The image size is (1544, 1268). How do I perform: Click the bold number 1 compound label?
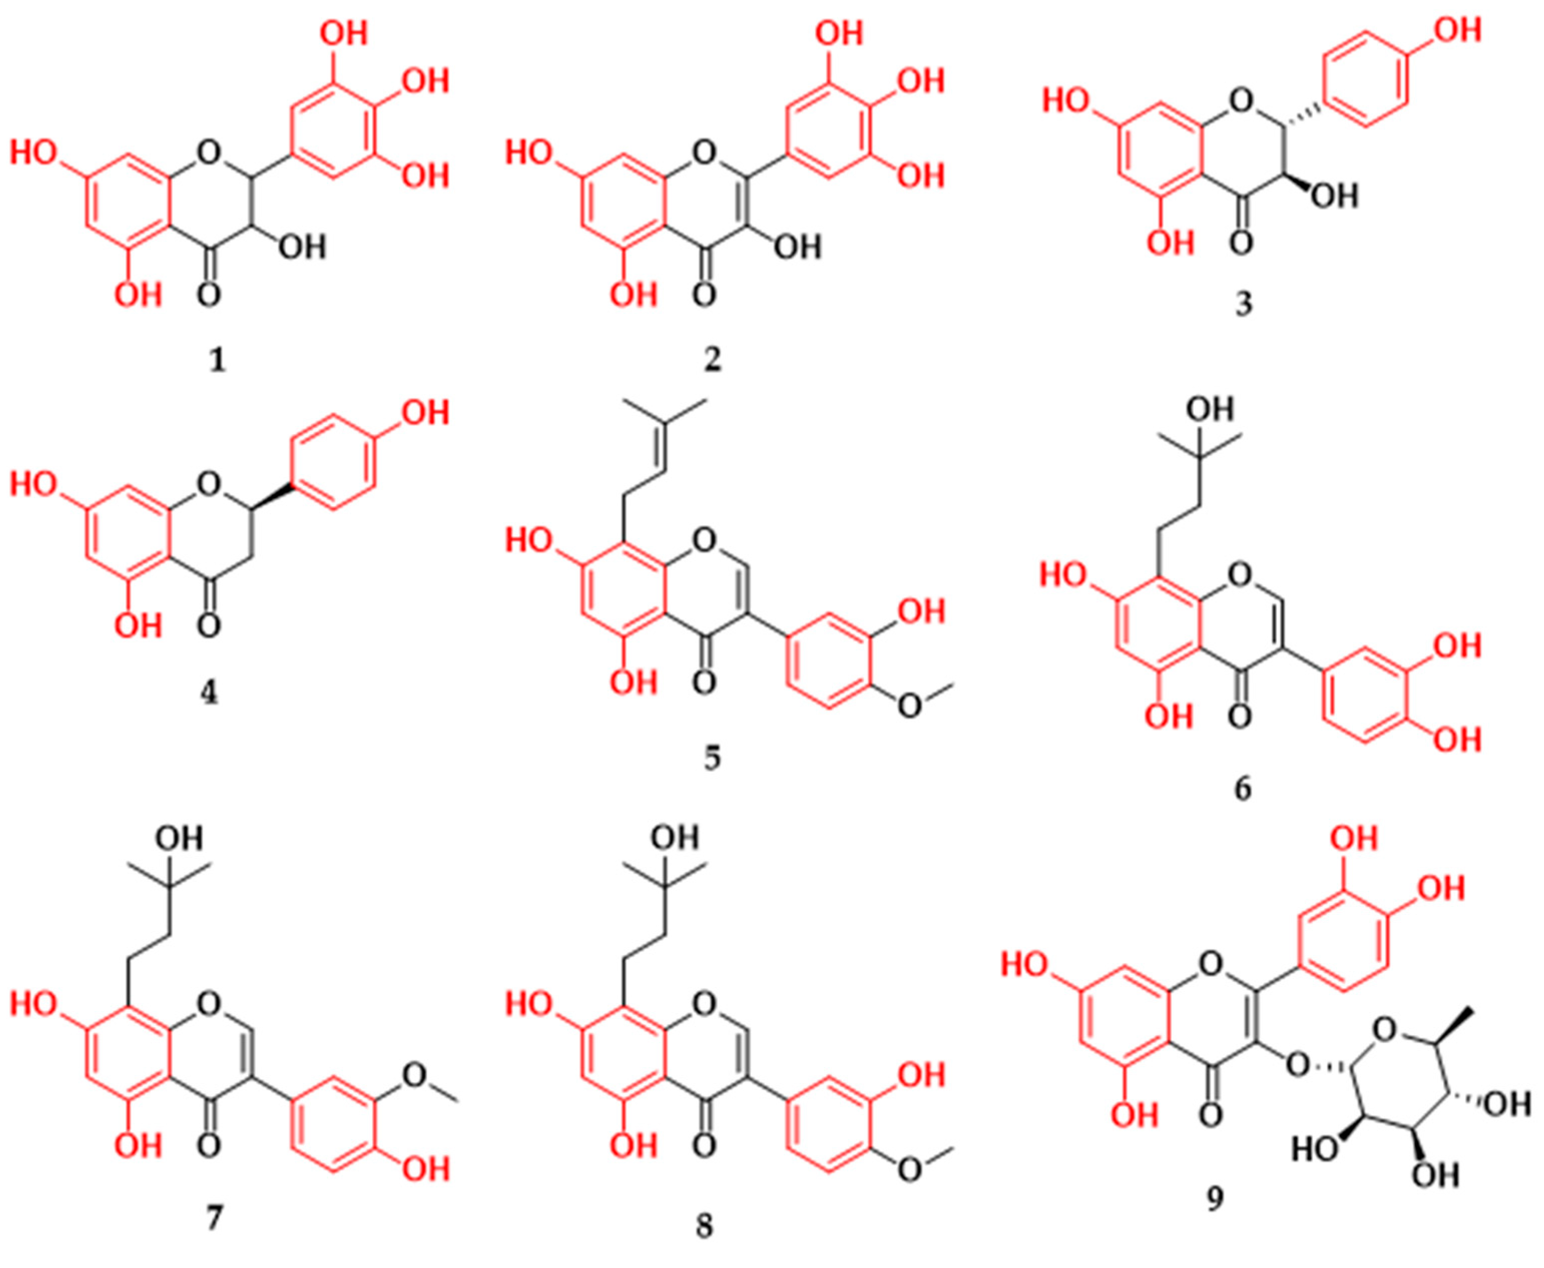coord(217,360)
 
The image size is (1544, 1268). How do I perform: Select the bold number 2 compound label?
coord(712,360)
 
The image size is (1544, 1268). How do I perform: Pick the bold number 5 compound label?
coord(712,757)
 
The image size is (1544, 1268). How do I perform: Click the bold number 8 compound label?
coord(704,1226)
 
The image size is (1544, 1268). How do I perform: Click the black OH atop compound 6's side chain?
coord(1209,409)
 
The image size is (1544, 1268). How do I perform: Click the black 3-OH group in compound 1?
coord(302,247)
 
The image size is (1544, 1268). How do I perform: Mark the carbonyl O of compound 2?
coord(704,296)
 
